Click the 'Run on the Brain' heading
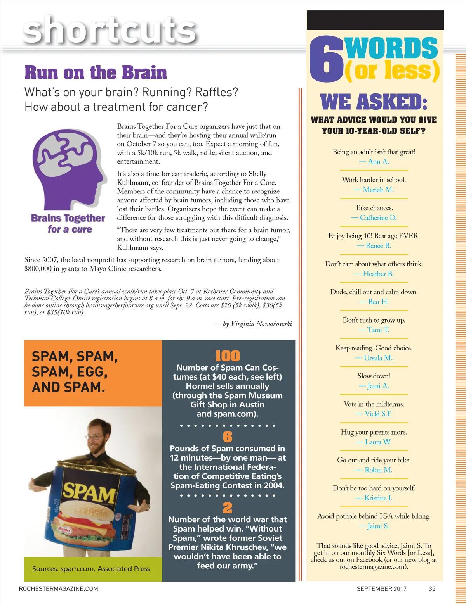pos(96,73)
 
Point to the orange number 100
pos(228,356)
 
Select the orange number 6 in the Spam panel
pos(228,437)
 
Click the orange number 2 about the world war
pos(228,508)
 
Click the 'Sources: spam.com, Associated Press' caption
pos(91,569)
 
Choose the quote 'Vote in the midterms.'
pos(374,404)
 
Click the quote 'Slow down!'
pos(374,376)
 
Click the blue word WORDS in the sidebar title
pos(391,48)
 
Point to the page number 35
pos(432,588)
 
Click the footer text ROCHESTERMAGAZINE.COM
pos(58,588)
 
